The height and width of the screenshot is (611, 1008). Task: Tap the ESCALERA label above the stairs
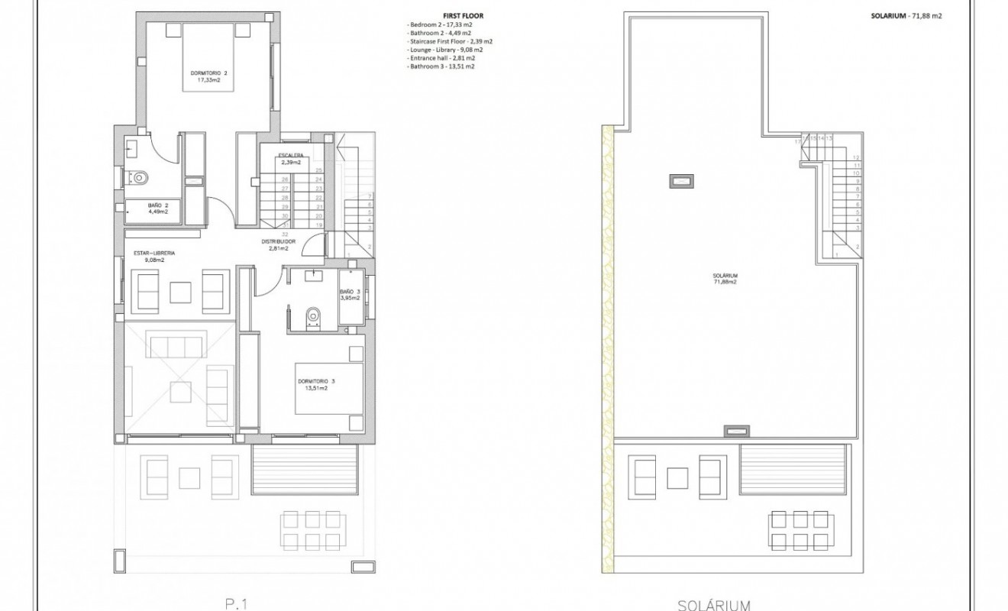(290, 157)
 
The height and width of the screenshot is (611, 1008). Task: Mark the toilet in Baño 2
(139, 177)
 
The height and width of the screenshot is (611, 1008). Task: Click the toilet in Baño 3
(312, 316)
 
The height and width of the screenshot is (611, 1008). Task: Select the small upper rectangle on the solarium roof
(682, 181)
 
